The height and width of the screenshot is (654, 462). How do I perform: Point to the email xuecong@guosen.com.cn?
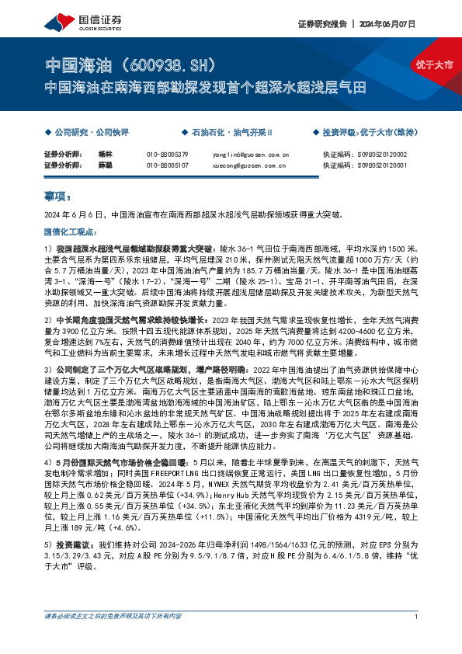click(250, 165)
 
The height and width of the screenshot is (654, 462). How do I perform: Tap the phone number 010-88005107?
click(168, 165)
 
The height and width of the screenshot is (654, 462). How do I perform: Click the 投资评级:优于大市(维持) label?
click(367, 133)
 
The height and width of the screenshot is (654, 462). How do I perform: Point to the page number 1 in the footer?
click(417, 638)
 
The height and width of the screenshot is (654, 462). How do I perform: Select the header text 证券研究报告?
click(320, 23)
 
